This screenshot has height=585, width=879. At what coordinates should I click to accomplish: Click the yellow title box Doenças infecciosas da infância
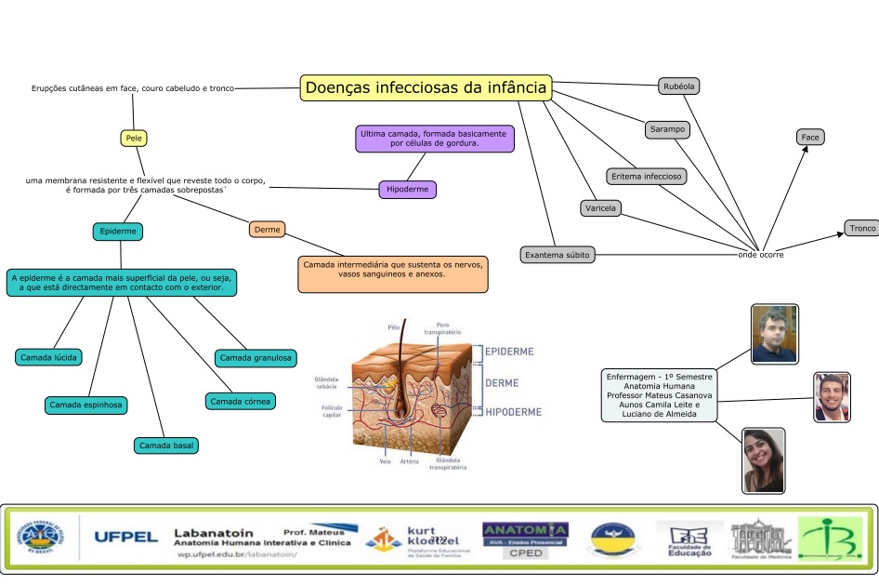(x=426, y=88)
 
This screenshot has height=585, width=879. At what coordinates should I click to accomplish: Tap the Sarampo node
(x=667, y=130)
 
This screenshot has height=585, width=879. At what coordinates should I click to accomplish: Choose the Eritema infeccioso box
(x=647, y=176)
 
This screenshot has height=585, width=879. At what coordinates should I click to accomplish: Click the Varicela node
(x=601, y=207)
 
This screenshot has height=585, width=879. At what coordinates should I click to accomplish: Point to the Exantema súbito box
(x=557, y=254)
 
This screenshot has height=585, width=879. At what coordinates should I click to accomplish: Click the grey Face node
(x=810, y=137)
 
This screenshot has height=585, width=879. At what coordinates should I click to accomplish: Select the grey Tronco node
(x=860, y=229)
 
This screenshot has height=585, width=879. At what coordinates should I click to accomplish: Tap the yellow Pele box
(x=134, y=139)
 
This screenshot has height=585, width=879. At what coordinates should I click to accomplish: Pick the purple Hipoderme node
(x=408, y=190)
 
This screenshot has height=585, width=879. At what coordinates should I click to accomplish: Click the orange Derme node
(x=268, y=230)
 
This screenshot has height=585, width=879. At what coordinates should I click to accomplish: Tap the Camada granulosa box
(x=255, y=357)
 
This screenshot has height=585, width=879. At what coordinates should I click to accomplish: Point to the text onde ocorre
(x=761, y=254)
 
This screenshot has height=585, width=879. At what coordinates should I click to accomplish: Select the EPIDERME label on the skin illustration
(x=509, y=352)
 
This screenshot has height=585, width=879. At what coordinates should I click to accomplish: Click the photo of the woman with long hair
(x=764, y=459)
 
